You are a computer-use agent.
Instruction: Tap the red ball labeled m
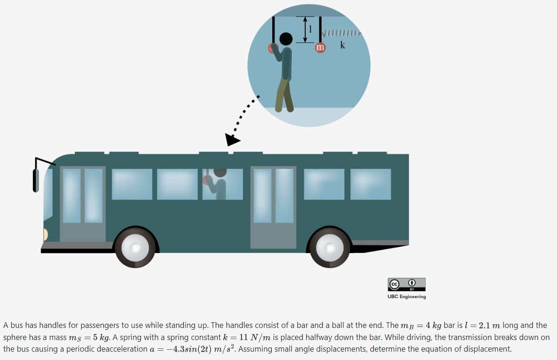[320, 47]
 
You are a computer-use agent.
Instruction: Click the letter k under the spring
[343, 45]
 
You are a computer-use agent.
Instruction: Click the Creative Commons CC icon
[394, 283]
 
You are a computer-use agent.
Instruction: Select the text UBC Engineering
[406, 297]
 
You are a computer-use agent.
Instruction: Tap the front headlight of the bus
[45, 234]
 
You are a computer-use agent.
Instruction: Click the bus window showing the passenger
[222, 184]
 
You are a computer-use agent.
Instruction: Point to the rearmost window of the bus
[370, 184]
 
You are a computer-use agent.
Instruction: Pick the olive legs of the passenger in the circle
[284, 95]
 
